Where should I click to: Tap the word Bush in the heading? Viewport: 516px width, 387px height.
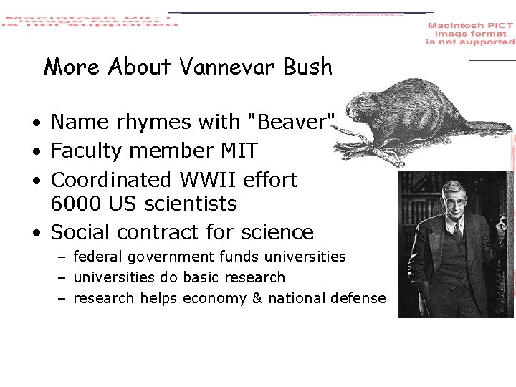308,67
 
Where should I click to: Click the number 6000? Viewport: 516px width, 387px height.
77,204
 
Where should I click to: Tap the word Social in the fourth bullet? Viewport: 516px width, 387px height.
80,232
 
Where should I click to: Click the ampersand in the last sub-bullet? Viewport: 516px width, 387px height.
257,298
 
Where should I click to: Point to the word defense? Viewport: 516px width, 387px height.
358,298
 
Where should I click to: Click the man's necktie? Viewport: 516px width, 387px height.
456,231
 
